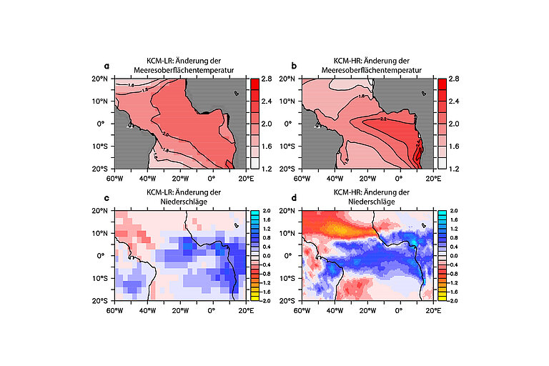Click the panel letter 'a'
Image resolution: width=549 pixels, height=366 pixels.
pos(107,65)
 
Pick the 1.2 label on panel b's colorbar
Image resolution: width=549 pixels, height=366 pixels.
pos(453,169)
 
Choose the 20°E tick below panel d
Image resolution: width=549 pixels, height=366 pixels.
pos(431,310)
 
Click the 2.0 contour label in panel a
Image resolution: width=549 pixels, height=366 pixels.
pos(166,134)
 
